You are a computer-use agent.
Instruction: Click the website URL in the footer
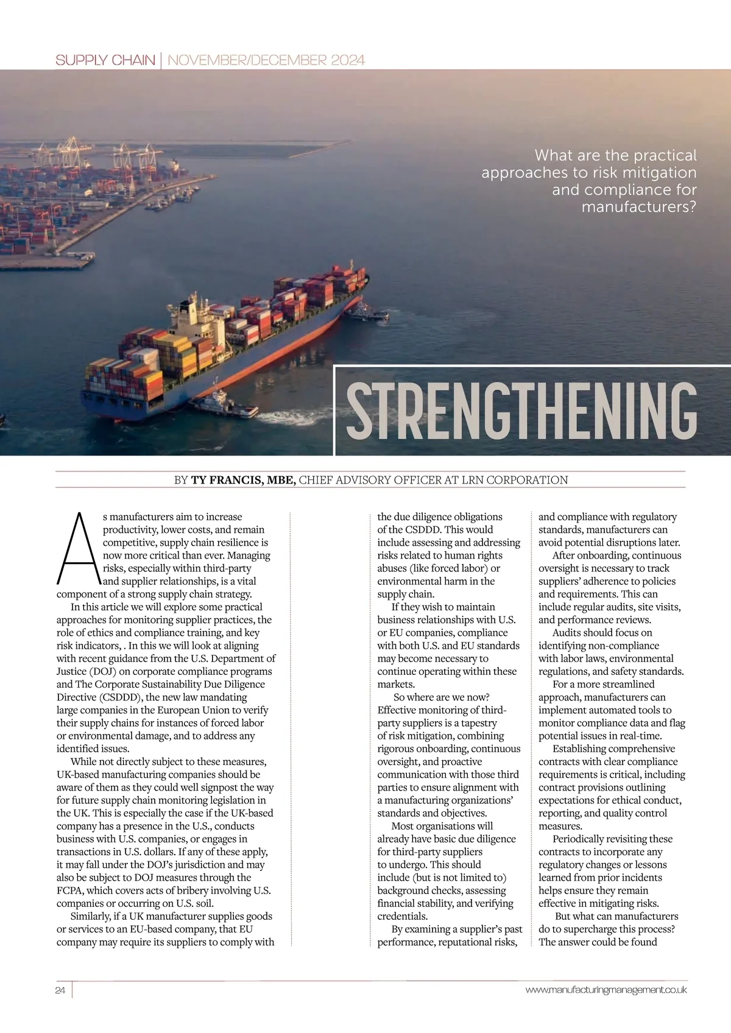point(606,990)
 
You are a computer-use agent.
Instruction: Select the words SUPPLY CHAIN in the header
point(105,60)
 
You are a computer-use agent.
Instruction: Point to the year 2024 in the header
point(348,60)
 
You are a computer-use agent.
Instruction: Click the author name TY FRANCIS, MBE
point(244,480)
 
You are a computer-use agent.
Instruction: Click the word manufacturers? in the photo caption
point(638,207)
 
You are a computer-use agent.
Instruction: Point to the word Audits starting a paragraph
point(568,632)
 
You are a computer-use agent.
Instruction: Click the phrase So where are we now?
point(441,697)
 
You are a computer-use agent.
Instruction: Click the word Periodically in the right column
point(582,839)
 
